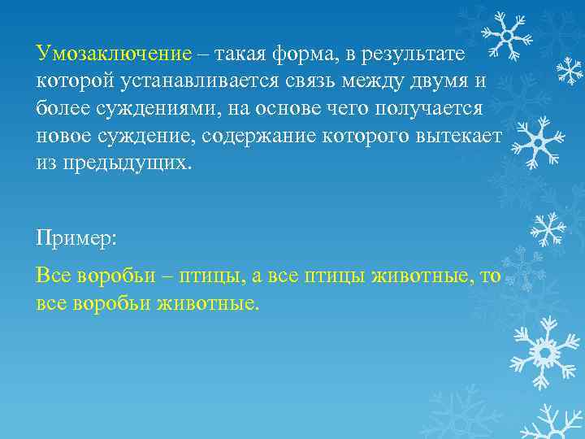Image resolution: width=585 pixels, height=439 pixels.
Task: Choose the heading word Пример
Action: (75, 238)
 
